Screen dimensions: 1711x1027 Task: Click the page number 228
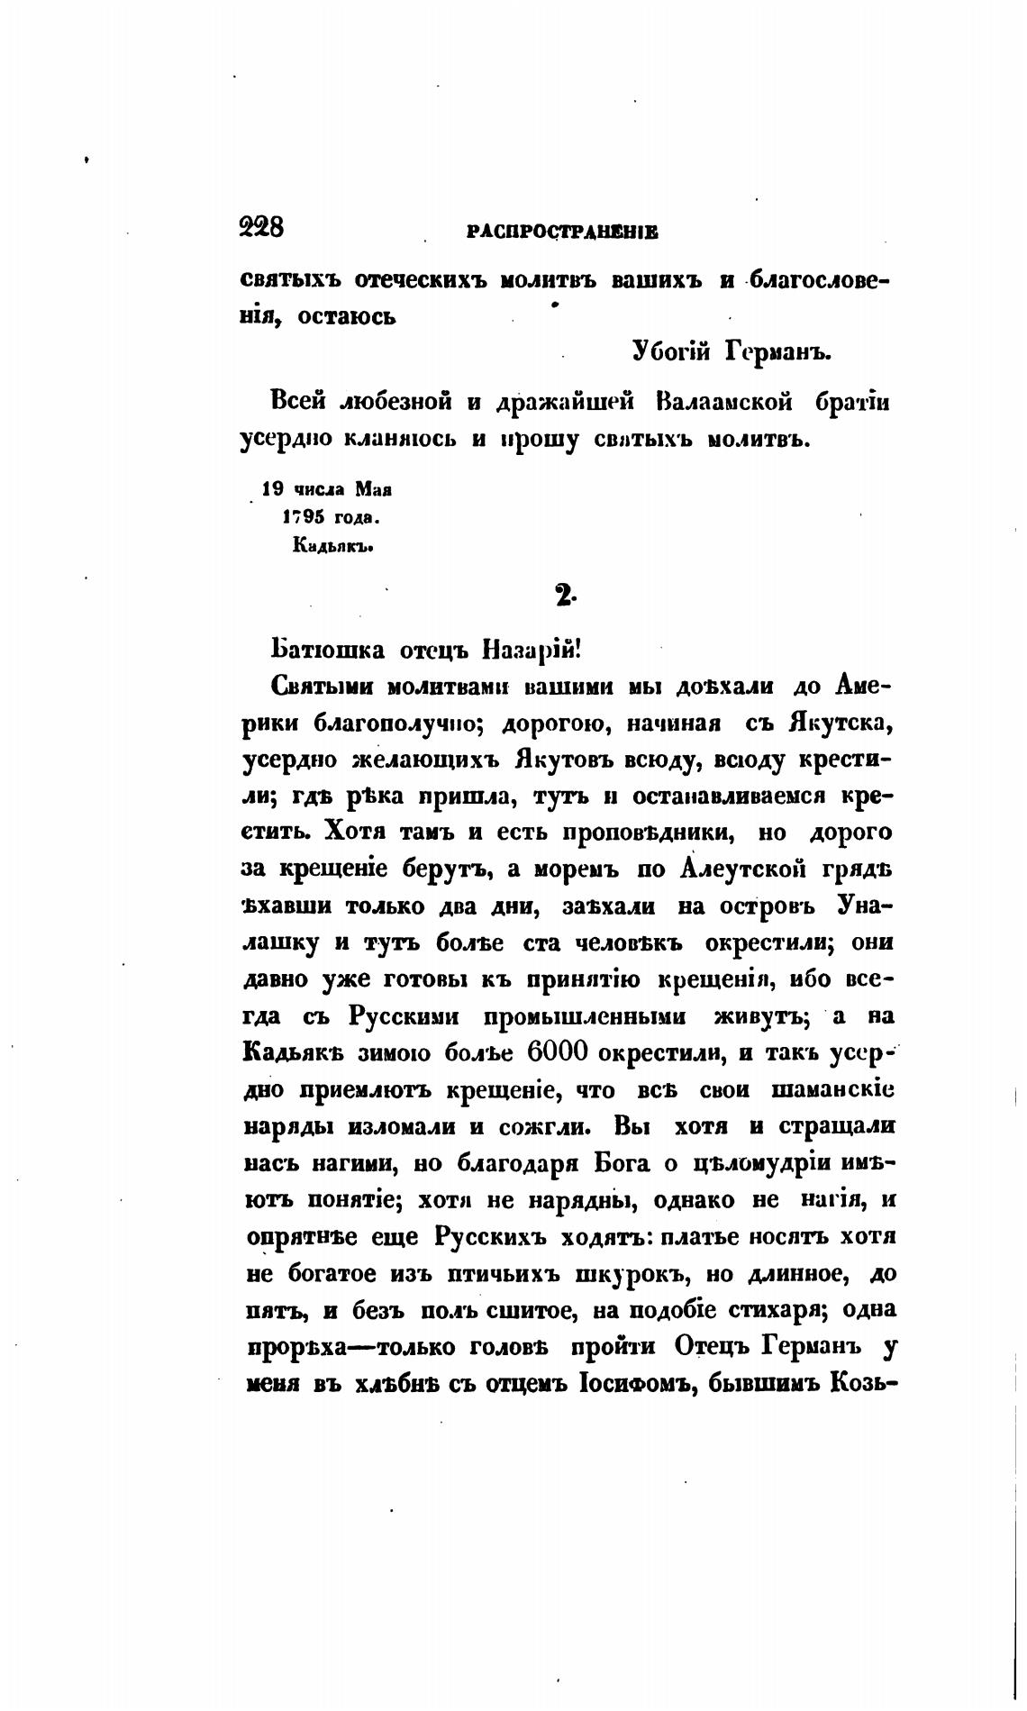coord(262,227)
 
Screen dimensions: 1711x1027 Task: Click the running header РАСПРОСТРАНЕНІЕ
coord(563,232)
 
